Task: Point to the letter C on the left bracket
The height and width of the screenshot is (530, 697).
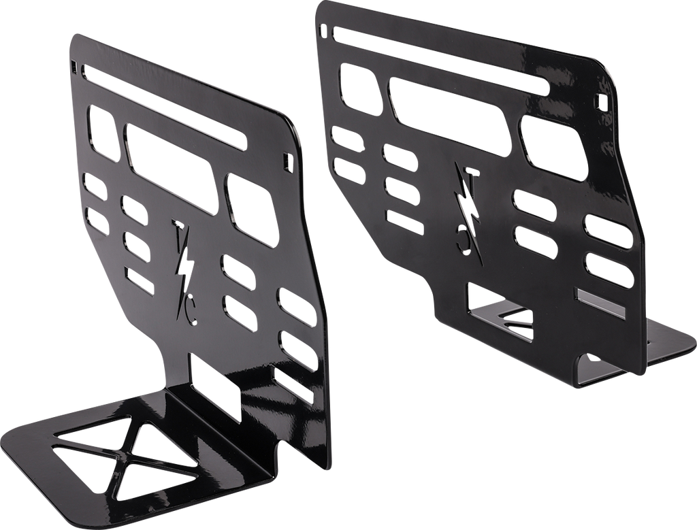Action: click(190, 312)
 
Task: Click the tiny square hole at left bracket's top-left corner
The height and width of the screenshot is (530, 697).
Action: click(73, 67)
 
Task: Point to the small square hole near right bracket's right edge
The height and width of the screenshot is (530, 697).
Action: click(599, 99)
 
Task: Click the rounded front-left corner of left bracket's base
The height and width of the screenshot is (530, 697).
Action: click(14, 433)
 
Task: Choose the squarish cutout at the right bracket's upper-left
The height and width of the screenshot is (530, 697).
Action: click(357, 89)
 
